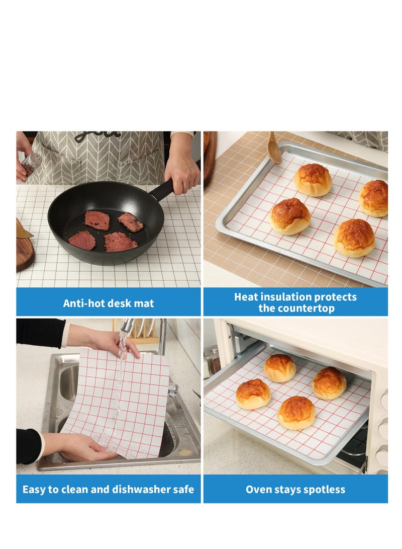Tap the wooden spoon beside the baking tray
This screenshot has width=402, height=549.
(x=274, y=148)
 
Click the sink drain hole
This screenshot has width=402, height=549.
(x=185, y=452)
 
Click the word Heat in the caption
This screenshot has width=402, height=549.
(x=246, y=297)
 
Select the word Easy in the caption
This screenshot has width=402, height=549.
(x=34, y=489)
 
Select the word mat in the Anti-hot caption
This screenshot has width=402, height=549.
(x=144, y=303)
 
